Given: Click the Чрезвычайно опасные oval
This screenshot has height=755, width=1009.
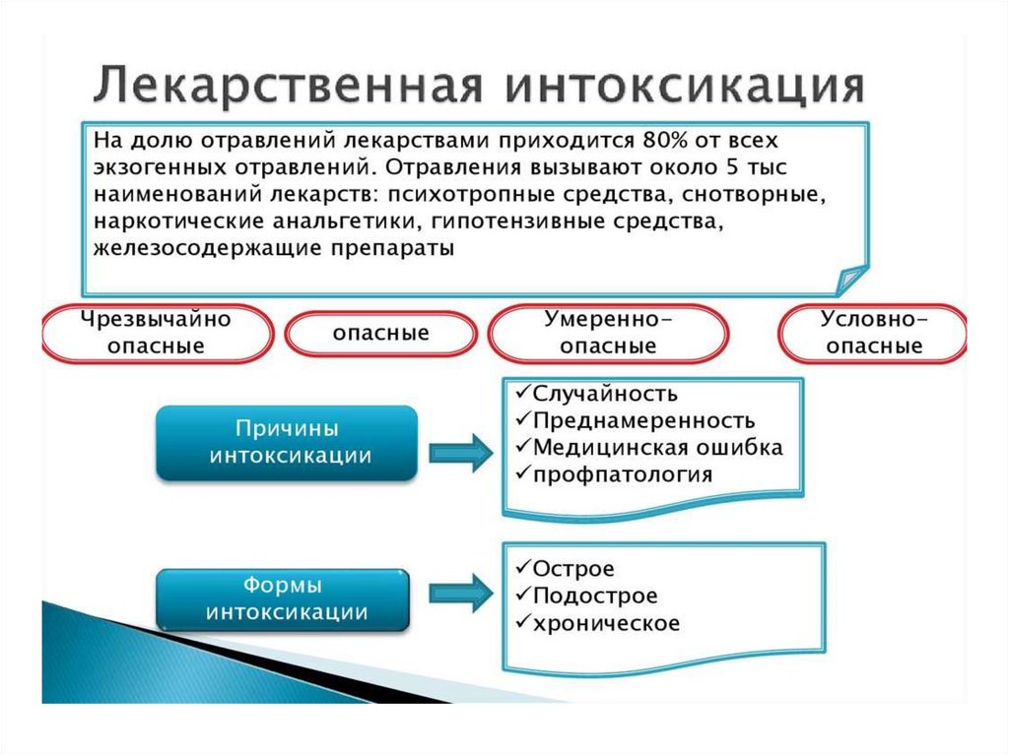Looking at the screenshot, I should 157,333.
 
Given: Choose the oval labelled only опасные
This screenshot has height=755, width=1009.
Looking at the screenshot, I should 380,334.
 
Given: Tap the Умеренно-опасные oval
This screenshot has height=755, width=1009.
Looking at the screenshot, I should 608,333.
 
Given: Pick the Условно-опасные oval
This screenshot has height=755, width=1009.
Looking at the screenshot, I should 874,333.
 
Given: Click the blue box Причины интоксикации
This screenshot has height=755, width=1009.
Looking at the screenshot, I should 288,443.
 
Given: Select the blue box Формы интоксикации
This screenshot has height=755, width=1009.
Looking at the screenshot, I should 287,598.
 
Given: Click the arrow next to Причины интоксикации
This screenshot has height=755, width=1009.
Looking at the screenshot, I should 460,452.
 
